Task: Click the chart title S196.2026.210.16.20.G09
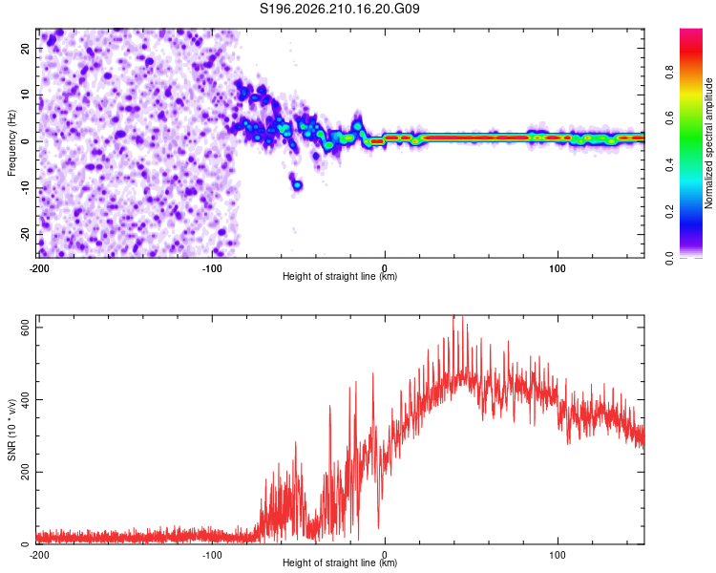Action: tap(339, 9)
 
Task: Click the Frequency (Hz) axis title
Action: tap(11, 143)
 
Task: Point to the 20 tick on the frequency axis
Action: tap(25, 48)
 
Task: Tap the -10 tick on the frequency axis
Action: tap(25, 188)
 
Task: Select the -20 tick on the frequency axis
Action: tap(25, 234)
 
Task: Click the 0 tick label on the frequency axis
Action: tap(25, 141)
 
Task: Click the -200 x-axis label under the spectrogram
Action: tap(39, 268)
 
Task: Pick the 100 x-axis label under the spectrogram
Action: tap(558, 268)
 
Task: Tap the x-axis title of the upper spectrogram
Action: tap(340, 276)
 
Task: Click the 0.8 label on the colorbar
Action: tap(669, 73)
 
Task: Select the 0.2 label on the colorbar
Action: tap(669, 212)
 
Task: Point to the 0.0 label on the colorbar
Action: tap(669, 258)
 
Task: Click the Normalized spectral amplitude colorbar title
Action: tap(708, 143)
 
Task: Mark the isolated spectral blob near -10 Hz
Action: tap(297, 185)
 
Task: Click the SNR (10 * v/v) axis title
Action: tap(11, 430)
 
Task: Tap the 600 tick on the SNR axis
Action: tap(25, 328)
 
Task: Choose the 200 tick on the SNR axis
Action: tap(25, 472)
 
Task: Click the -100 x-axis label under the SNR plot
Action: tap(212, 555)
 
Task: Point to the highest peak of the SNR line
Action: tap(453, 316)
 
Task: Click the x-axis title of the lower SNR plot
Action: tap(340, 562)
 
